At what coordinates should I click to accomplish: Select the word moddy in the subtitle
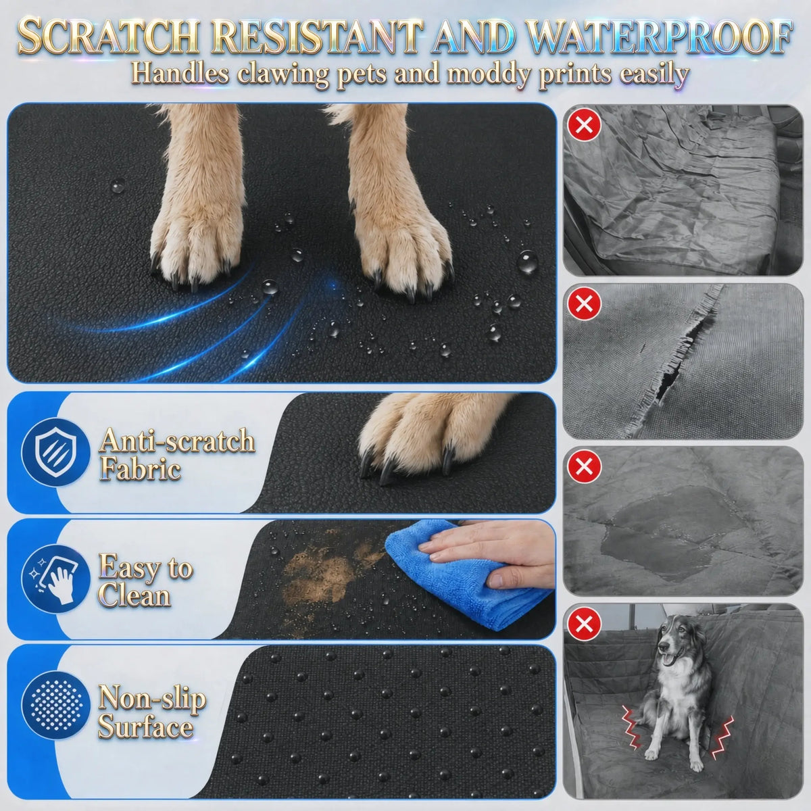pos(489,74)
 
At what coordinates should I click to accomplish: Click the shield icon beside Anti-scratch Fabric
pos(56,452)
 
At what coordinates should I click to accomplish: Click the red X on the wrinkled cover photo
pos(584,124)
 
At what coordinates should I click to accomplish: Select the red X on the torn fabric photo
pos(584,303)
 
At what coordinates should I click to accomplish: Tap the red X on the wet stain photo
pos(584,466)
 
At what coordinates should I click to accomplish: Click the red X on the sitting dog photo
pos(584,624)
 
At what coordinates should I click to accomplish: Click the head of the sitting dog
pos(673,641)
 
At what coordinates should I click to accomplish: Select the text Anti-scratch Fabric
pos(177,454)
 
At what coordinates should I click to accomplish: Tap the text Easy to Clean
pos(145,580)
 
